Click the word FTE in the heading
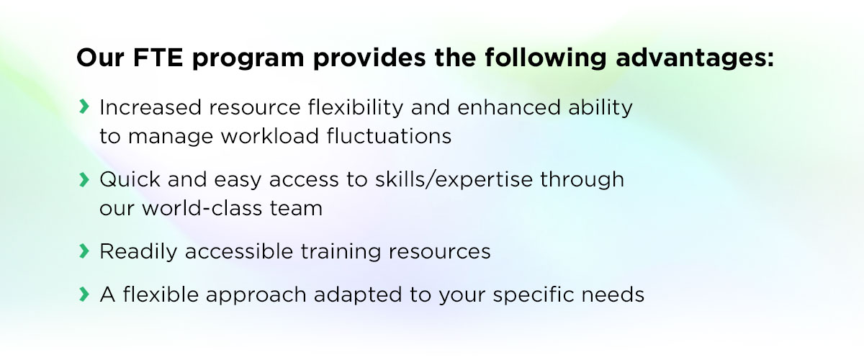[158, 58]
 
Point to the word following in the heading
[546, 58]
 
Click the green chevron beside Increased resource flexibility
[84, 107]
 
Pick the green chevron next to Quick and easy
[84, 179]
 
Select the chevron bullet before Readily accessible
[84, 251]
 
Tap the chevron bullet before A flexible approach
[84, 294]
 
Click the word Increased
[150, 107]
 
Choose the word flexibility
[356, 108]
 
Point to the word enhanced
[509, 107]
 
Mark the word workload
[270, 136]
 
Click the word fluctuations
[390, 136]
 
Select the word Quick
[130, 179]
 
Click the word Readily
[138, 252]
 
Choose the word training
[341, 252]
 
